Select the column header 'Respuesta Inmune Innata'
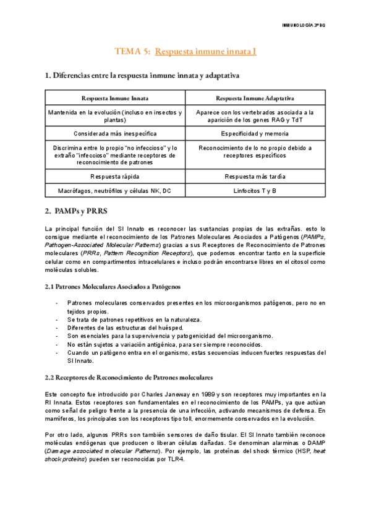[115, 98]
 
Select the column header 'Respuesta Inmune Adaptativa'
[255, 98]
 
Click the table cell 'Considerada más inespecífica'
[115, 133]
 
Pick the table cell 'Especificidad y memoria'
[255, 133]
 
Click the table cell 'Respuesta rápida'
[115, 176]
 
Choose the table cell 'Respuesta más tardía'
[255, 176]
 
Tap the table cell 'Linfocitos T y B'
[255, 191]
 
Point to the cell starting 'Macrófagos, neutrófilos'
[115, 191]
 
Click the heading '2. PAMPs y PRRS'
[76, 211]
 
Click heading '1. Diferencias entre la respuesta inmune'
[142, 75]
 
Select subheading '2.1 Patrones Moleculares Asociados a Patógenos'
[113, 287]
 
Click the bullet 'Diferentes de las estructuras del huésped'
[125, 327]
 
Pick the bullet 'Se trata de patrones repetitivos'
[134, 319]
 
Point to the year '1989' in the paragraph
[209, 394]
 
